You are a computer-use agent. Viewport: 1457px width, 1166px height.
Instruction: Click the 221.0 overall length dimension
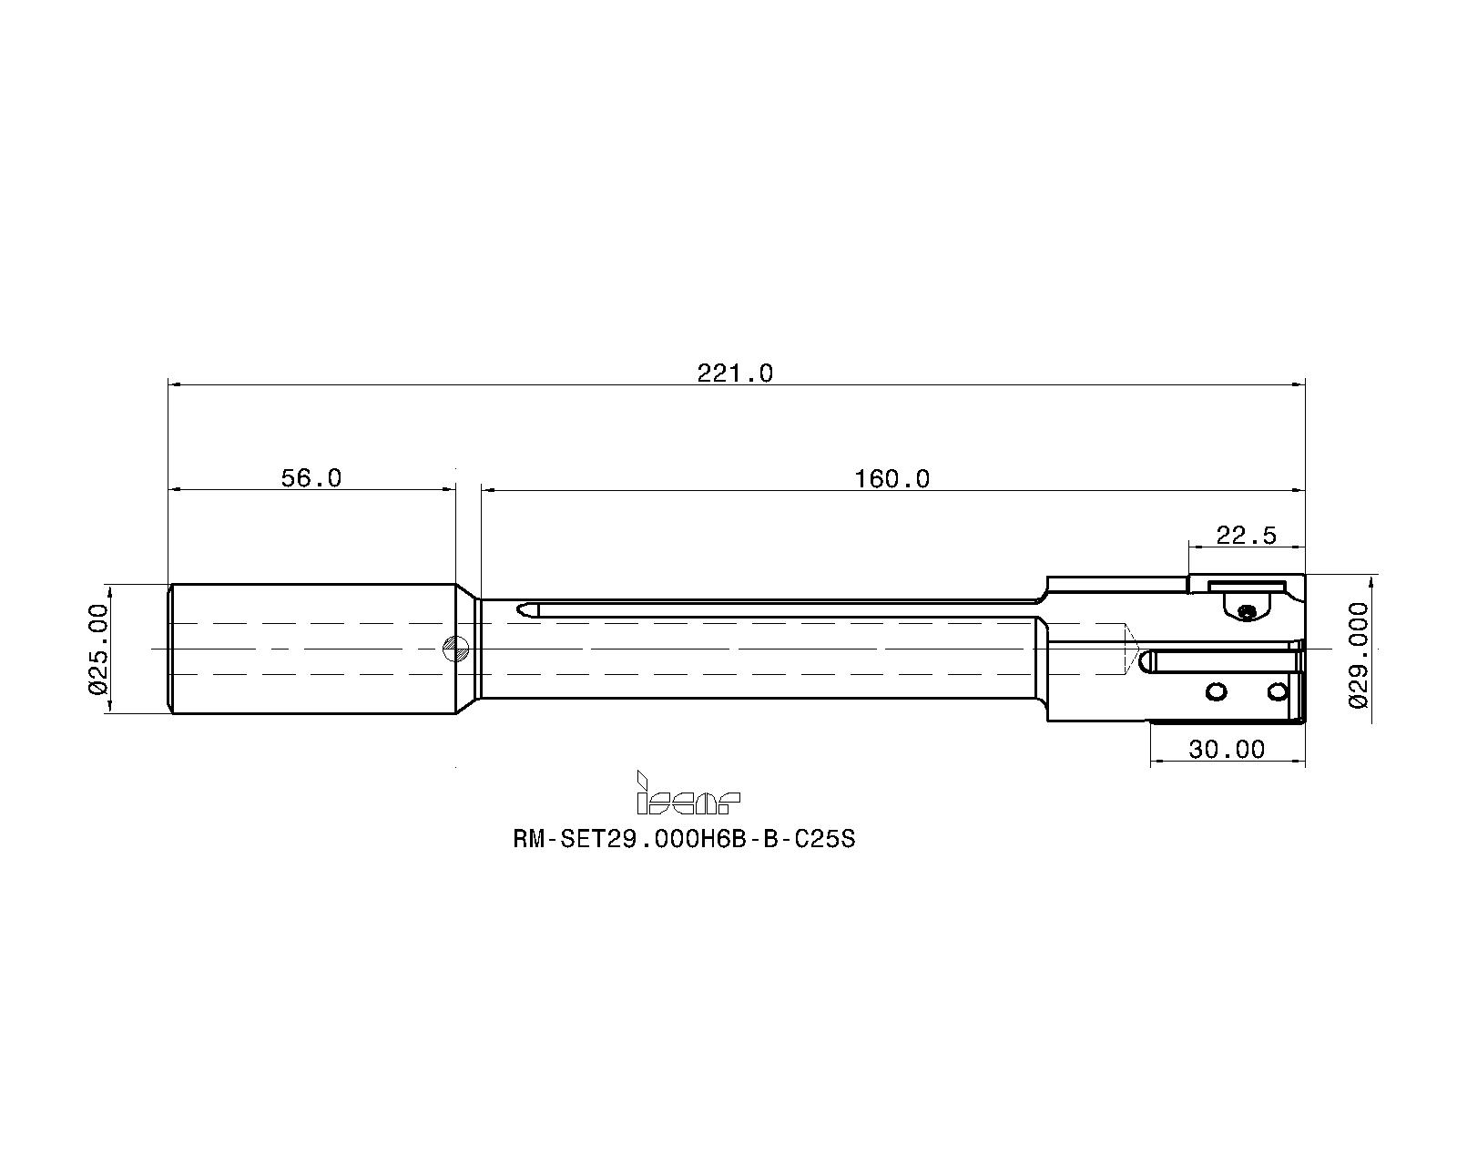pos(734,373)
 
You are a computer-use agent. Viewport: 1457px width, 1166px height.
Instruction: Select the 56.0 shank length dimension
pos(311,478)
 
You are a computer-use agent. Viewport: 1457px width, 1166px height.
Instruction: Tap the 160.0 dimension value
pos(892,478)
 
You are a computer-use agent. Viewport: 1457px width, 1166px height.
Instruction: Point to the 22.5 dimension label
pos(1246,536)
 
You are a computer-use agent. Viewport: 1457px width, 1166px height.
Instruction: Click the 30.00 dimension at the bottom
pos(1227,750)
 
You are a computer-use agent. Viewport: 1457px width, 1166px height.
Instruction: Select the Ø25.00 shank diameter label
pos(99,649)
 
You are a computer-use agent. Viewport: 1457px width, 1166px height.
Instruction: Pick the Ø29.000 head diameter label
pos(1359,653)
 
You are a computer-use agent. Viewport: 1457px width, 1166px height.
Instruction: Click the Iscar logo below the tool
pos(688,794)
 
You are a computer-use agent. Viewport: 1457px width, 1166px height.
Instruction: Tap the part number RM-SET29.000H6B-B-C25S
pos(684,839)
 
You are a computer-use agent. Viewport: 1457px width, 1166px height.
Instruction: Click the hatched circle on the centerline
pos(454,649)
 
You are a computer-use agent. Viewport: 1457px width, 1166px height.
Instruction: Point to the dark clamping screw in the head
pos(1247,612)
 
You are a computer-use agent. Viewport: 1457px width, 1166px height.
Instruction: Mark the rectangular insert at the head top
pos(1246,584)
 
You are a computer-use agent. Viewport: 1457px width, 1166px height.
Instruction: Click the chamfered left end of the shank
pos(171,649)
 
